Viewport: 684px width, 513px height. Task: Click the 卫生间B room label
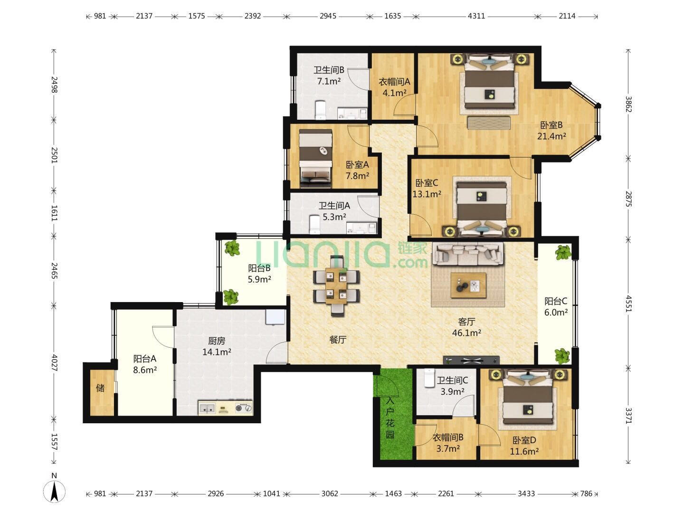tap(329, 70)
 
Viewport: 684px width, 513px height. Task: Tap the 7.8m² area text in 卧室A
tap(357, 176)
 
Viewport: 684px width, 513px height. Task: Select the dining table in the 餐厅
tap(336, 285)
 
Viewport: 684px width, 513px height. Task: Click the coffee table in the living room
tap(468, 285)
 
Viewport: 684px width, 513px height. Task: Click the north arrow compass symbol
tap(54, 492)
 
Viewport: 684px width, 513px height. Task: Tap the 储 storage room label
tap(100, 388)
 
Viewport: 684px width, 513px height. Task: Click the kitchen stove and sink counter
tap(225, 408)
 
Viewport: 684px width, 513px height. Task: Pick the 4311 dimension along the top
tap(476, 16)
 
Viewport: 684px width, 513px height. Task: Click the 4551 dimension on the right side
tap(628, 304)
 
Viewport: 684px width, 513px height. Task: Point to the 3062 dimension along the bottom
tap(329, 494)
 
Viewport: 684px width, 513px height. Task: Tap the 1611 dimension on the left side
tap(54, 213)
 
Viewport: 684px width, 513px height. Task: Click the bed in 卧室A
tap(315, 158)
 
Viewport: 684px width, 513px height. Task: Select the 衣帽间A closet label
tap(394, 82)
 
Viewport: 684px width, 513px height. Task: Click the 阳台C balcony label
tap(556, 301)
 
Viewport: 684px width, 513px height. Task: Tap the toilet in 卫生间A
tap(315, 224)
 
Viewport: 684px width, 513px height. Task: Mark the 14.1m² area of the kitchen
tap(217, 352)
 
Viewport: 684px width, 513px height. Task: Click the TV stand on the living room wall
tap(471, 361)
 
